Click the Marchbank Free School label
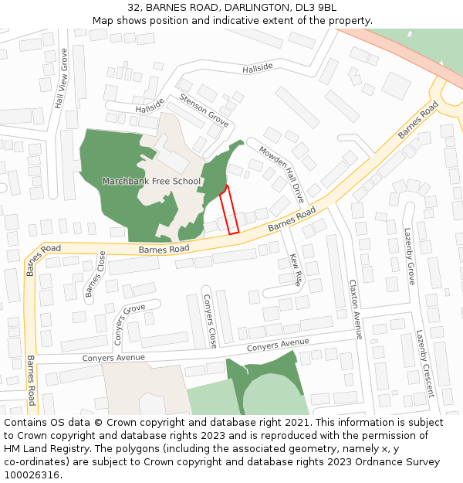[x=151, y=182]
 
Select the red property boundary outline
[x=229, y=210]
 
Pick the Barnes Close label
[x=95, y=274]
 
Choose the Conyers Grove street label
[x=130, y=324]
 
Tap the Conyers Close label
[x=209, y=319]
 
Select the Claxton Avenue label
[x=355, y=309]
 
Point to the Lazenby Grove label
[x=410, y=256]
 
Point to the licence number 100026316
[x=30, y=475]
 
